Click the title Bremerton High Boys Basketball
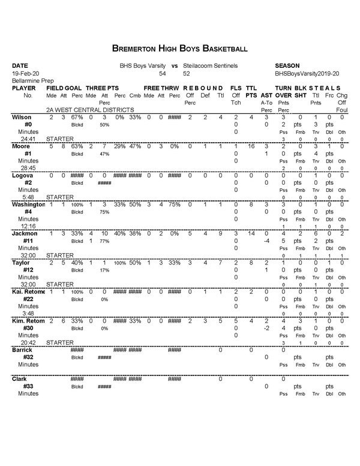click(179, 47)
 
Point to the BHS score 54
click(162, 73)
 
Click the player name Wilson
click(22, 118)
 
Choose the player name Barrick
click(23, 350)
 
